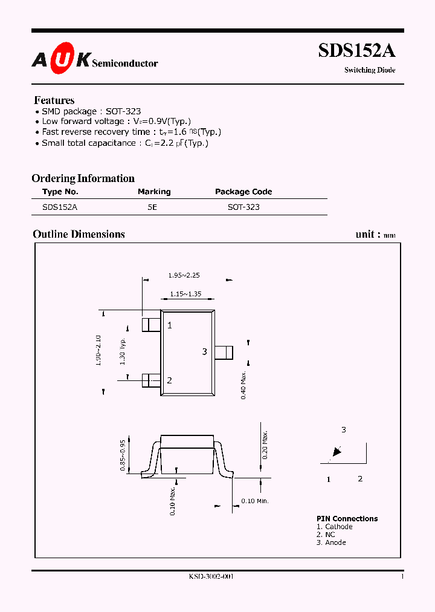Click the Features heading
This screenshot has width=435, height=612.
(54, 100)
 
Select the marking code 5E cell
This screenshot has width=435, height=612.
(152, 207)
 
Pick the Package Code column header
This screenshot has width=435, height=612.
(243, 192)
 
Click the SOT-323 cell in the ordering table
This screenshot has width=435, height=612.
(243, 207)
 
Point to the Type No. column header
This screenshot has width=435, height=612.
(60, 192)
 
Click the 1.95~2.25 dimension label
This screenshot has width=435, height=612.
(184, 275)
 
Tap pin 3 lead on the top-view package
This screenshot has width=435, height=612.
(224, 352)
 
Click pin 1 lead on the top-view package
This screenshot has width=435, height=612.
(151, 324)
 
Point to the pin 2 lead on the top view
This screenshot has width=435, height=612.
(151, 380)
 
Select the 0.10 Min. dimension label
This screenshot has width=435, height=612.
(254, 501)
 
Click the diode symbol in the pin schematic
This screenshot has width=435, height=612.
(336, 452)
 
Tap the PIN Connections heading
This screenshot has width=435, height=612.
(347, 519)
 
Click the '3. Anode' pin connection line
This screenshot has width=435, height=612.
(331, 542)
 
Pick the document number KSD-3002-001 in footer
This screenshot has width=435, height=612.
(211, 577)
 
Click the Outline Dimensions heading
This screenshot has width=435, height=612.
(79, 234)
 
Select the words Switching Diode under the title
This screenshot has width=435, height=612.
(370, 70)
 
